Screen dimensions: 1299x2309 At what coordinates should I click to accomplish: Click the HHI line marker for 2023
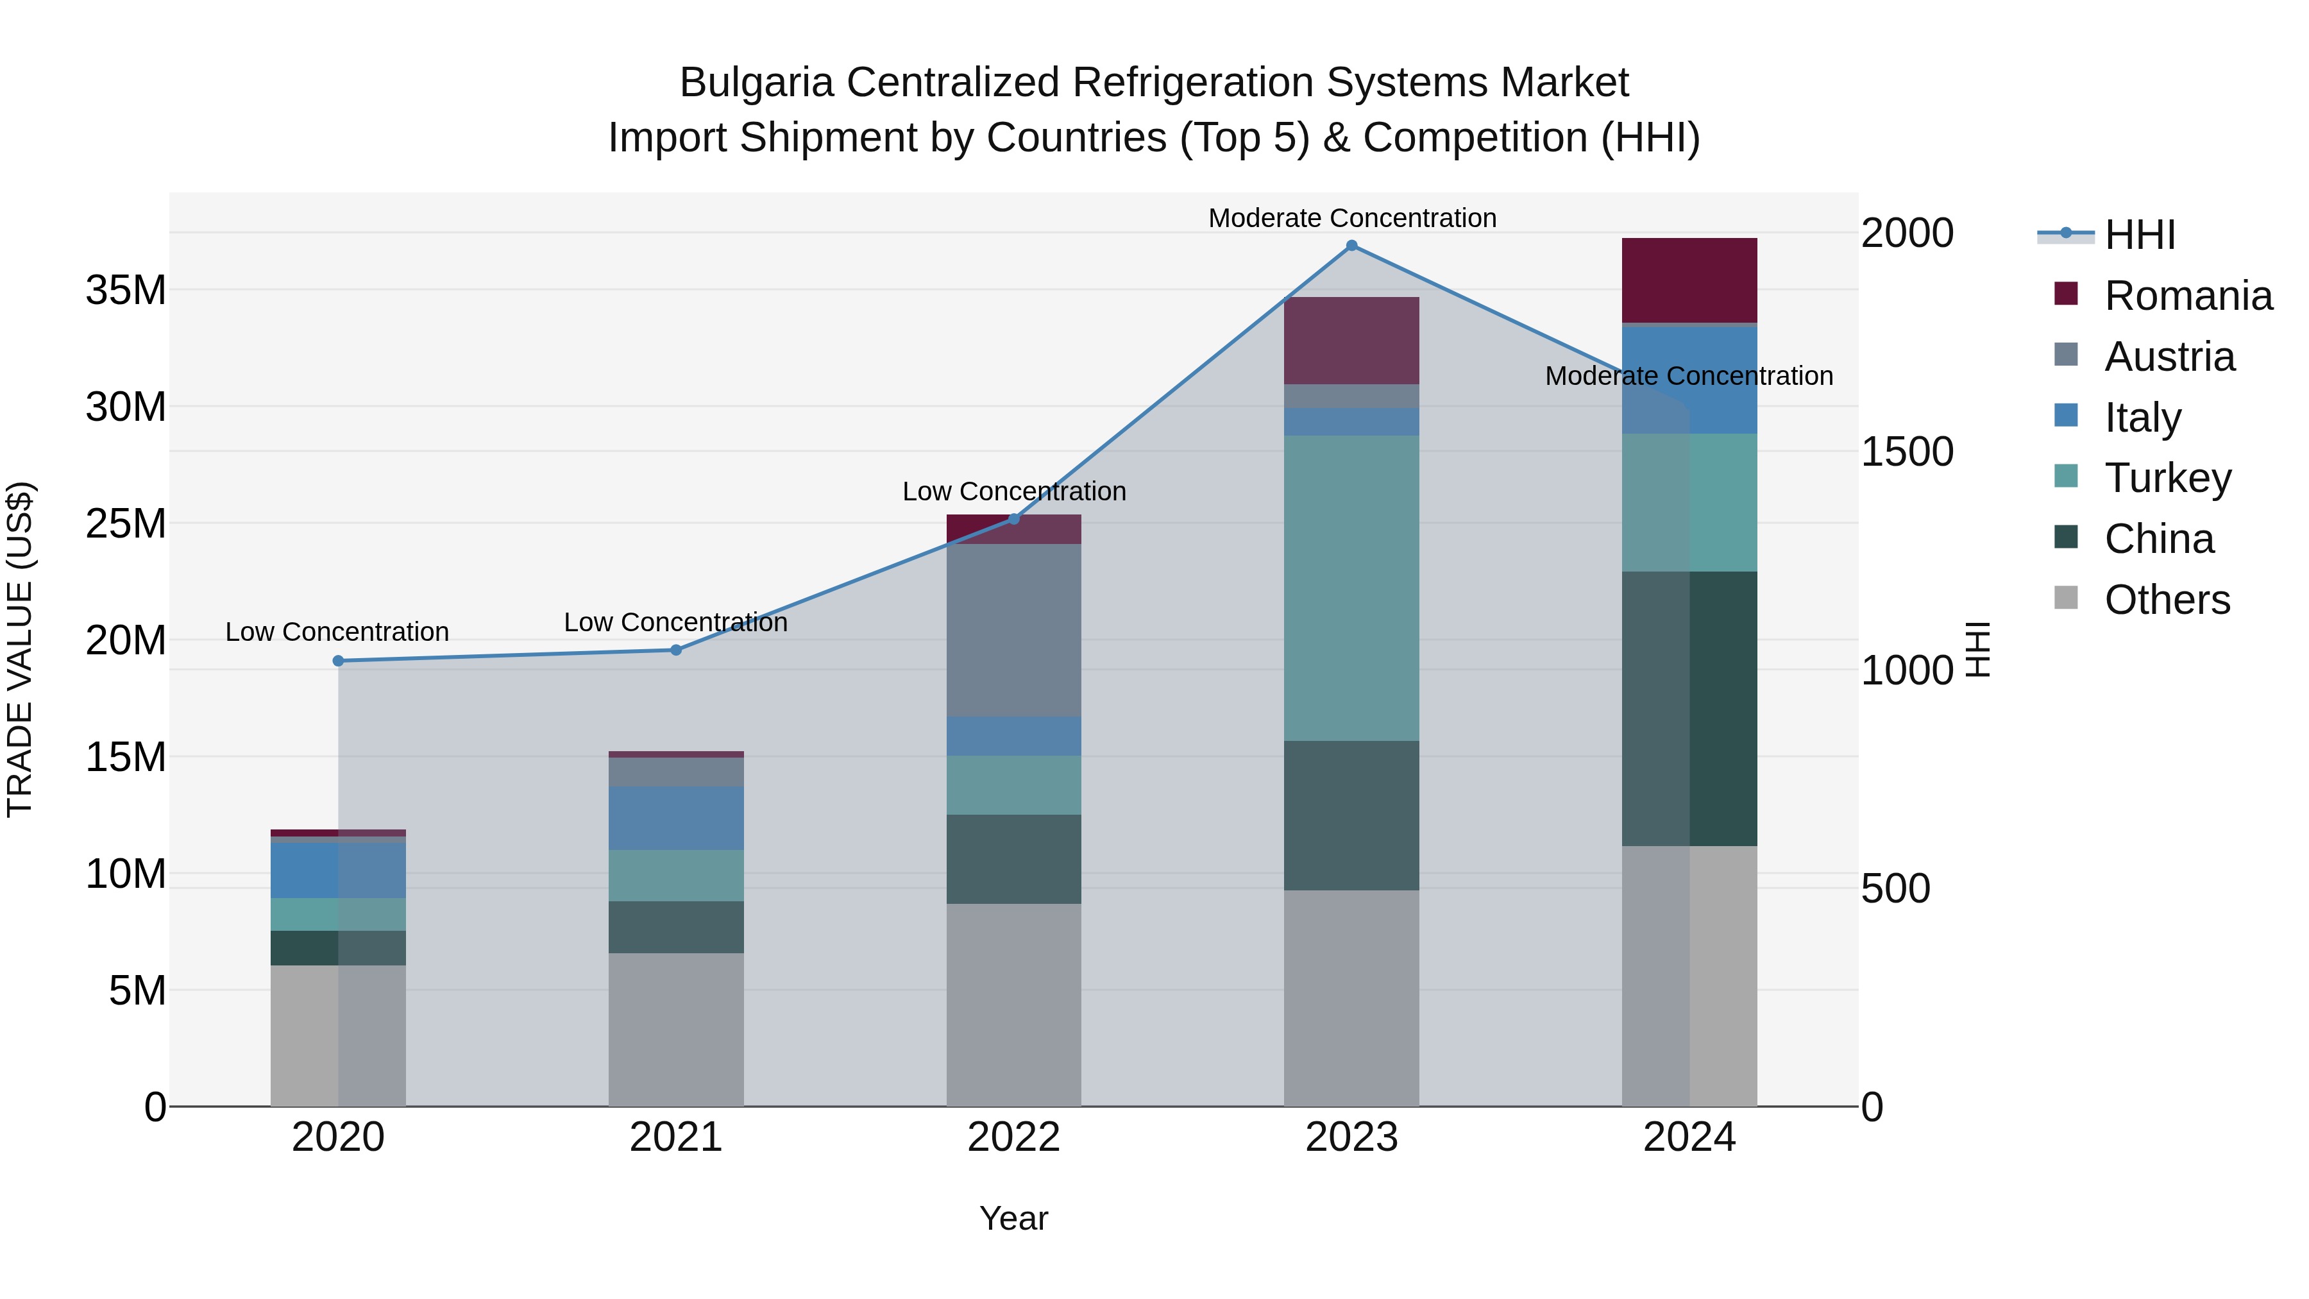point(1351,246)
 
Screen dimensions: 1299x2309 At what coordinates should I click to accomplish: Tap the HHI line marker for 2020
point(338,661)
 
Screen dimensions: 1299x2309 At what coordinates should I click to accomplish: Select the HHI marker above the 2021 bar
point(676,650)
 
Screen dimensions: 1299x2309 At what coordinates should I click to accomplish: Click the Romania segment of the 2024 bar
point(1689,280)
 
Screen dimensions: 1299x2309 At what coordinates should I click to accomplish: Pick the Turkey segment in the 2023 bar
point(1351,587)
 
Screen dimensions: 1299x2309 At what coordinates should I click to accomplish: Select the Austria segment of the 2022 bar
point(1014,629)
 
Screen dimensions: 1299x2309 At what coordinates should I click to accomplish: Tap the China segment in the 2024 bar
point(1689,708)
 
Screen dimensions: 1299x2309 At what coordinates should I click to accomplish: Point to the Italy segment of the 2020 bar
point(338,870)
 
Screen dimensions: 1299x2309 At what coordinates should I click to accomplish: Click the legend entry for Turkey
point(2167,478)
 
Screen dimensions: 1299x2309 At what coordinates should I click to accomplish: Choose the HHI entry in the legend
point(2138,235)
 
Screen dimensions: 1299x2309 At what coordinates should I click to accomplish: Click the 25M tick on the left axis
point(126,523)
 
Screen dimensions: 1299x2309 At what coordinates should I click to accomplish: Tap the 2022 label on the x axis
point(1014,1137)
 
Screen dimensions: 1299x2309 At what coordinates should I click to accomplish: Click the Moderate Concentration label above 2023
point(1351,218)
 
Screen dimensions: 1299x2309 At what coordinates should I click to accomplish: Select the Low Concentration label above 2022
point(1014,491)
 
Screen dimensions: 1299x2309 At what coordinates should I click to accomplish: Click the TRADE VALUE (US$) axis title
point(21,649)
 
